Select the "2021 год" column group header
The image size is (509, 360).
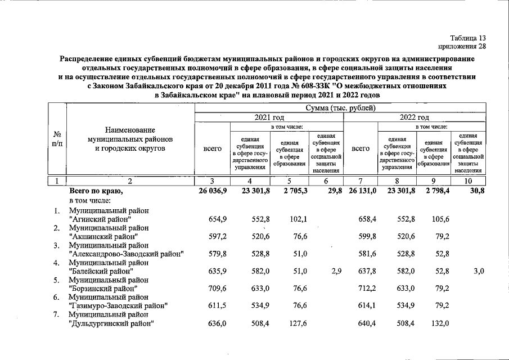(x=269, y=118)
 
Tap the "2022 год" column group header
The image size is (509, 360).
(x=415, y=118)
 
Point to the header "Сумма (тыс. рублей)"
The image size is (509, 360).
(x=340, y=107)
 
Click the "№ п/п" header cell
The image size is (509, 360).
(x=57, y=139)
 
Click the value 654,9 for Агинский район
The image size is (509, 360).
(x=217, y=219)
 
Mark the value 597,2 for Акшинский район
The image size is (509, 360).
(x=217, y=236)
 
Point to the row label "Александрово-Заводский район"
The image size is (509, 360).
(x=127, y=254)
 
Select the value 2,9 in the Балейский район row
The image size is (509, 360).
(x=336, y=271)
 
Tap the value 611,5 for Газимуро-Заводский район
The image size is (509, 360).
(x=217, y=305)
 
